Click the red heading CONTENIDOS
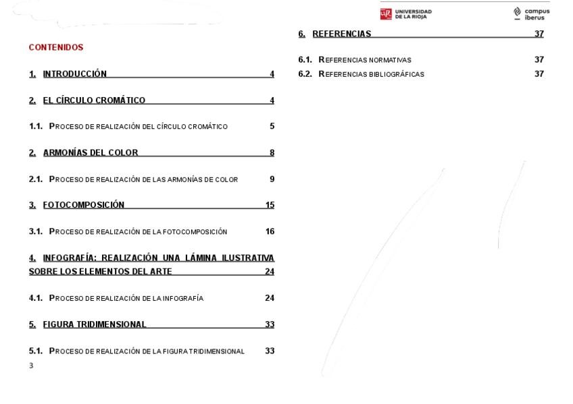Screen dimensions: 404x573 click(x=56, y=47)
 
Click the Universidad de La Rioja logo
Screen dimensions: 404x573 click(x=406, y=14)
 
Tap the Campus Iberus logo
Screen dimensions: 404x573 click(x=531, y=14)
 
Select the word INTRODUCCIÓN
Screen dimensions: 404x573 click(x=74, y=74)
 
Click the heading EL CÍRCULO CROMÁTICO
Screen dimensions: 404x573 click(x=94, y=100)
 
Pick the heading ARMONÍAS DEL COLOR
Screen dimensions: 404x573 click(x=91, y=152)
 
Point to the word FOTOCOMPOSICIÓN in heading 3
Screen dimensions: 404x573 click(x=84, y=205)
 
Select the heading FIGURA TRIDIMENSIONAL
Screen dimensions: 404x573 click(x=95, y=324)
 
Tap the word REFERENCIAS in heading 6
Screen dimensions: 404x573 click(x=341, y=34)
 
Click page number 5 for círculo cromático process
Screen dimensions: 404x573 click(x=272, y=126)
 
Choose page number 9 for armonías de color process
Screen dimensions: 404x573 click(x=272, y=179)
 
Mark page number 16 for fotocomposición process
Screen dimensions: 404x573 click(x=270, y=231)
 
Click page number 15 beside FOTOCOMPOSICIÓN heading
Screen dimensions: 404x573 click(x=270, y=205)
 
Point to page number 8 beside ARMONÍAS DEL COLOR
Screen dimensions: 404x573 click(x=272, y=152)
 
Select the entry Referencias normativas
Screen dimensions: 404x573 click(x=365, y=60)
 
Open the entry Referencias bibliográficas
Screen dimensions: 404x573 click(x=372, y=74)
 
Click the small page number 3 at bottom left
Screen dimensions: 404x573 click(x=31, y=366)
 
